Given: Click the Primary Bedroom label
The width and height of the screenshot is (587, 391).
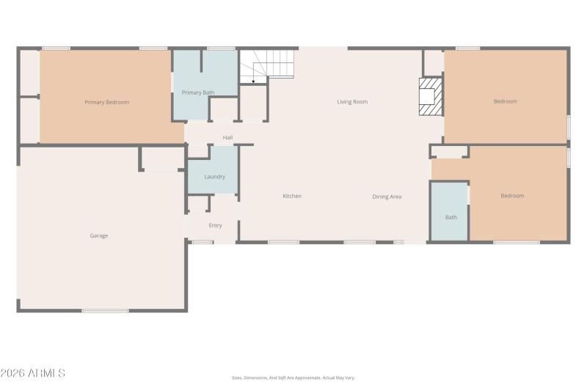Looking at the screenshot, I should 106,102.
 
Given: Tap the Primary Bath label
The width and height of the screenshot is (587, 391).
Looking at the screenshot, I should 197,92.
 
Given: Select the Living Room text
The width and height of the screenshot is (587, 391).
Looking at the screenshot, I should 352,102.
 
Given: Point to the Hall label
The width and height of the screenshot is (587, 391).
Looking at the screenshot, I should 227,137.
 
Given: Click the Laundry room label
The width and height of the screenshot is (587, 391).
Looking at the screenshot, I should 214,177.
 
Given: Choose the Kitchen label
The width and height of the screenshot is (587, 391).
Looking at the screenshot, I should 292,196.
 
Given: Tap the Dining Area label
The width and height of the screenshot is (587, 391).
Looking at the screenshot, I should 387,197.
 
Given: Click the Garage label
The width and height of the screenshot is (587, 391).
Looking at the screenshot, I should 99,235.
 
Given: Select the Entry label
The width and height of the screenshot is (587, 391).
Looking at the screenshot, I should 215,225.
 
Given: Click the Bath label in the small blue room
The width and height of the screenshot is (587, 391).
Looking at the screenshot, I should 451,217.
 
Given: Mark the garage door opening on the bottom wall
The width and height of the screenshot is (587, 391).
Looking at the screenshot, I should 105,311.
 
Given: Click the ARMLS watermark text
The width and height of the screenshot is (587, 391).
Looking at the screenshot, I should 33,373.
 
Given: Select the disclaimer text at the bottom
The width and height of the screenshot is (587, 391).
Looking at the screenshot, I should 293,378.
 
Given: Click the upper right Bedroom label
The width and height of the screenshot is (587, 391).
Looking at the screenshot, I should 505,101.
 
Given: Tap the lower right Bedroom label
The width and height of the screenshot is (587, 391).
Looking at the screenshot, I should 512,196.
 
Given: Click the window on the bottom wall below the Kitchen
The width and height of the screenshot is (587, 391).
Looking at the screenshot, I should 283,242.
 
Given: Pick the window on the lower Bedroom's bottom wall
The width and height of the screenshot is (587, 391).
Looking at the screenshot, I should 516,242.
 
